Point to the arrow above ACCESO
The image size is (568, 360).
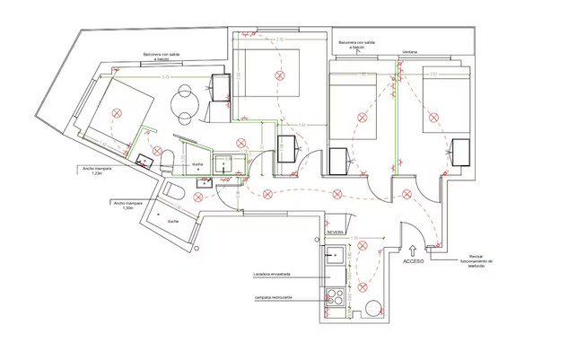pos(413,250)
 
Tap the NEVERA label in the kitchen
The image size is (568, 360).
pos(336,232)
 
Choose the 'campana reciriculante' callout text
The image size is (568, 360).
pos(275,297)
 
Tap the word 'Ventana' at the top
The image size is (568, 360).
pos(410,51)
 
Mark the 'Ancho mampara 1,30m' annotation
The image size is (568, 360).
pos(129,206)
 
